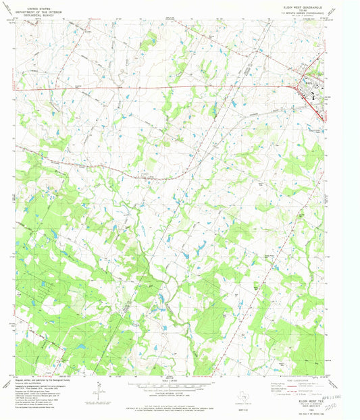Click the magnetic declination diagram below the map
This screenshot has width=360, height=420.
pyautogui.click(x=98, y=390)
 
